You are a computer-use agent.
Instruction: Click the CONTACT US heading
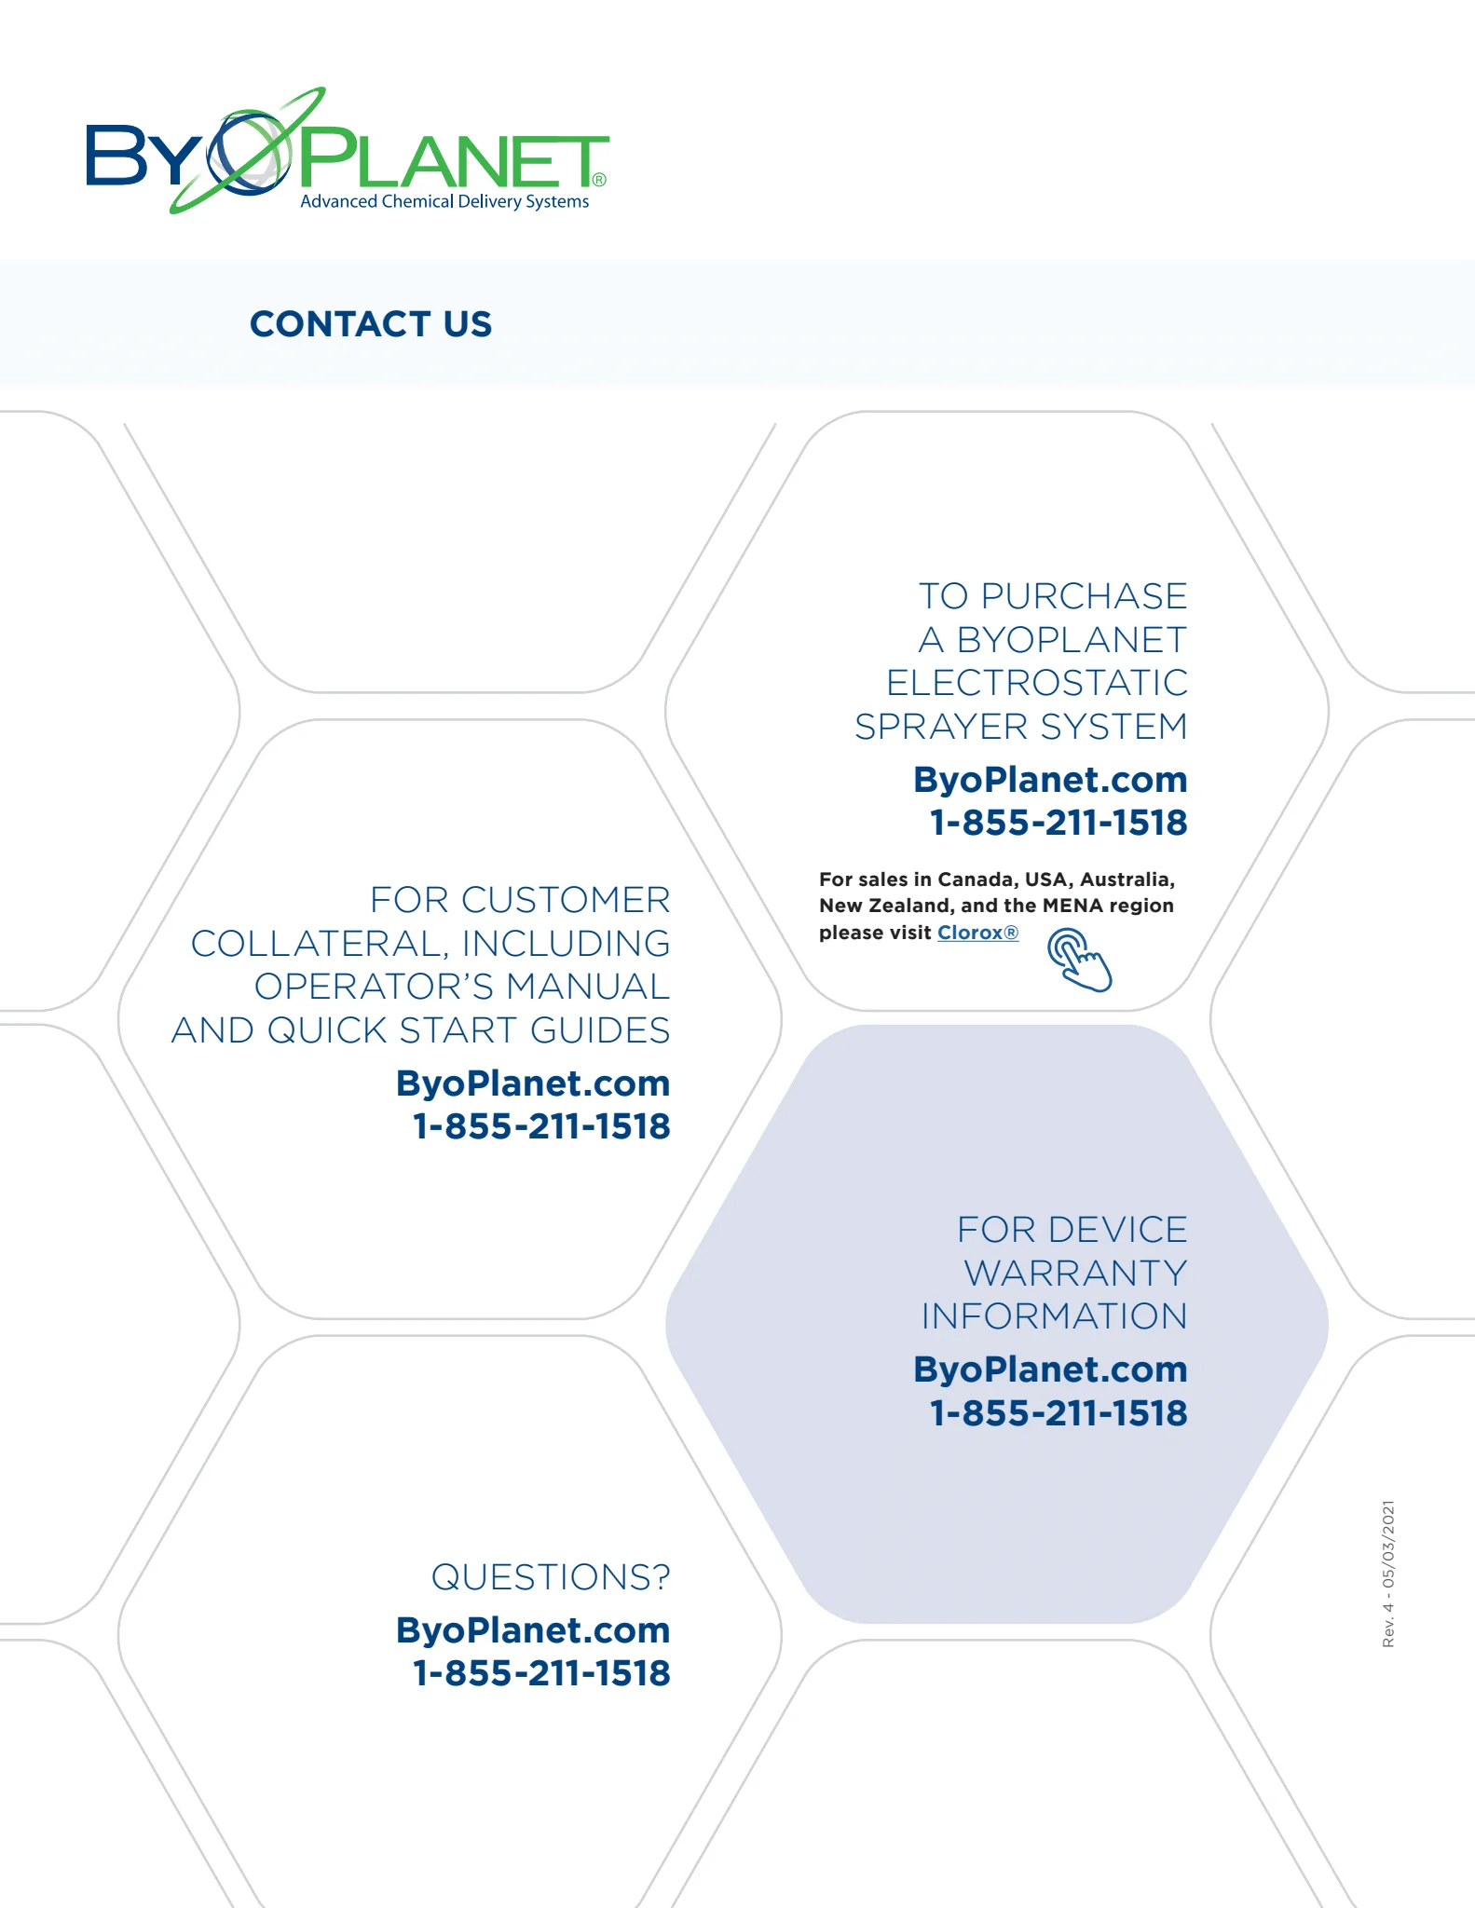point(370,324)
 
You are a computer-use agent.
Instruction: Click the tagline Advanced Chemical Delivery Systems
point(444,201)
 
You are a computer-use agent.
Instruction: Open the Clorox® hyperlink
point(977,933)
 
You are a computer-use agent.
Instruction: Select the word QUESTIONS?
point(550,1577)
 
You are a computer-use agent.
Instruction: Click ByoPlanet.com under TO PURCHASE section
point(1050,780)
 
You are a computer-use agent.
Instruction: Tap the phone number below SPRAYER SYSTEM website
point(1058,823)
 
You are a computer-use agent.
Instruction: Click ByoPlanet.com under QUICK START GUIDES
point(533,1083)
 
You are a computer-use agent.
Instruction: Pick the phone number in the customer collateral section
point(541,1126)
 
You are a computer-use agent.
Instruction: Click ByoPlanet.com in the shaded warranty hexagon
point(1050,1370)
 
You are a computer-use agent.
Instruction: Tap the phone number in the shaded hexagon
point(1058,1413)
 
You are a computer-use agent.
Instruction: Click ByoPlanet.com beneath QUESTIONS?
point(533,1630)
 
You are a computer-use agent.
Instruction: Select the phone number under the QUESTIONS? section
point(541,1673)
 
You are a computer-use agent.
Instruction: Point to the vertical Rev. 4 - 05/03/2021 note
point(1388,1574)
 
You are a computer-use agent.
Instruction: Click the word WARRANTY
point(1075,1274)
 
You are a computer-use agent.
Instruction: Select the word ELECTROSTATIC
point(1037,683)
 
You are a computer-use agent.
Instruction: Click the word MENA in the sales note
point(1072,906)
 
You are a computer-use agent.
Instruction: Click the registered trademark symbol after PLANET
point(599,179)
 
